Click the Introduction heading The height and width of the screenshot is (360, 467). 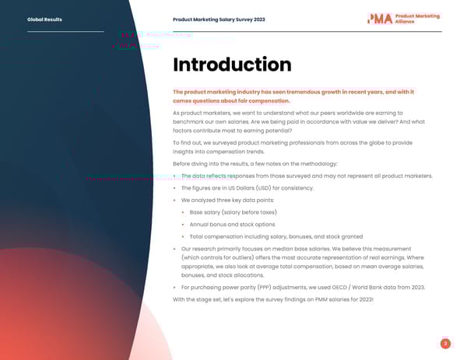(x=231, y=65)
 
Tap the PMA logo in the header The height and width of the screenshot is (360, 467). (x=403, y=19)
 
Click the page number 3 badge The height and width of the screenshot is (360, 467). (x=444, y=343)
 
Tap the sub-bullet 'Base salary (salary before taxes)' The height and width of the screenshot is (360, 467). (x=233, y=212)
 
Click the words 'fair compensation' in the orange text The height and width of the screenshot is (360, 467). (x=262, y=101)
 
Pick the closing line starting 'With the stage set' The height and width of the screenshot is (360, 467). (x=272, y=299)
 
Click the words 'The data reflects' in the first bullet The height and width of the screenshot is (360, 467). (x=204, y=176)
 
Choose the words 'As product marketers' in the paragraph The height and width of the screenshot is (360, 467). (x=199, y=114)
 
